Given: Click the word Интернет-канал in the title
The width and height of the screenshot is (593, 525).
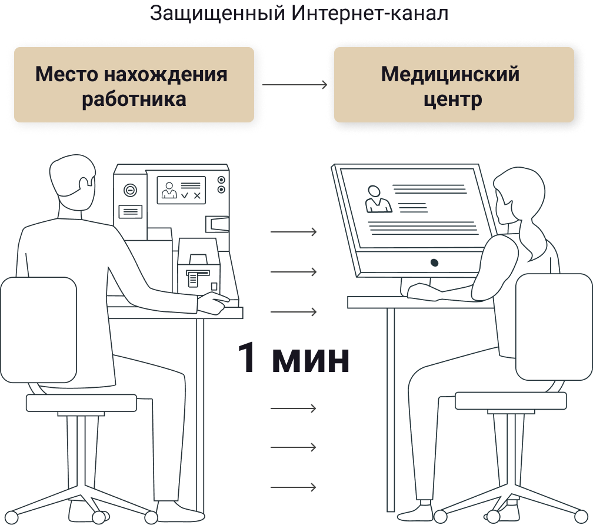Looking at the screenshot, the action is [x=369, y=13].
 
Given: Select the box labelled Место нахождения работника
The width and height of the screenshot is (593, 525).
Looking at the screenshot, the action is [x=134, y=84].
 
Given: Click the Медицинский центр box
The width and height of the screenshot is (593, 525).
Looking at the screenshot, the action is [x=454, y=84].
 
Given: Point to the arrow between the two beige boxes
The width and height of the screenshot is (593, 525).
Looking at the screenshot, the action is [x=295, y=84].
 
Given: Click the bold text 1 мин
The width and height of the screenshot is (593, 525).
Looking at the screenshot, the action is [x=294, y=358].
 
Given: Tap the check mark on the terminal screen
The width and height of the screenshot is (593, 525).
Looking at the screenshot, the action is [x=185, y=195].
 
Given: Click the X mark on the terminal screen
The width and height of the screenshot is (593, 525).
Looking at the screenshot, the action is [x=197, y=195].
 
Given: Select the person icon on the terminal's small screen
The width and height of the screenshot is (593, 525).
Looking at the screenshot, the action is [x=169, y=190].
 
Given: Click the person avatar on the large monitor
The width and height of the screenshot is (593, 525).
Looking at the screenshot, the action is [x=378, y=199].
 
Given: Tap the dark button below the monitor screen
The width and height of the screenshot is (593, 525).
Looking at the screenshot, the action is [x=435, y=262].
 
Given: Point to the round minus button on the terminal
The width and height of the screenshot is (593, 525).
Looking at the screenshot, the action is [x=131, y=190].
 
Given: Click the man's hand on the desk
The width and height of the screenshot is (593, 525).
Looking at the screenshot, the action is [x=214, y=302].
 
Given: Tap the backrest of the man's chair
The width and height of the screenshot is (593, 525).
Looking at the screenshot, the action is [x=39, y=330].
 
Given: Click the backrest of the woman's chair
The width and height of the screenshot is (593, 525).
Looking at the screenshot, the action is [x=554, y=327].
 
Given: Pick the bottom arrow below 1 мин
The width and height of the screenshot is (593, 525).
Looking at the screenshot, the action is [x=293, y=487].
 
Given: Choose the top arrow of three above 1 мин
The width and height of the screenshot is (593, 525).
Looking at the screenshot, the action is [x=294, y=231].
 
